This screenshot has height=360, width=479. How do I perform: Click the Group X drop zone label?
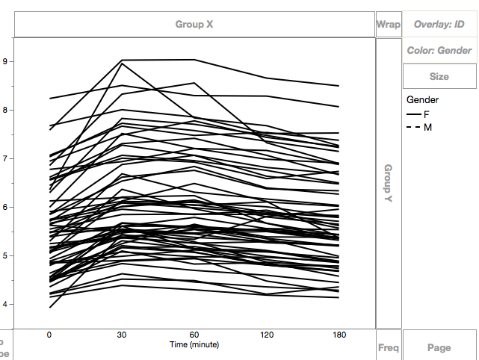(x=194, y=24)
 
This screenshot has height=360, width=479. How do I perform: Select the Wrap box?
(x=388, y=24)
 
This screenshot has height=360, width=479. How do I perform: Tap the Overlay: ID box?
(x=439, y=24)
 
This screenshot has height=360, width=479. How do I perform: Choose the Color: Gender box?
(x=439, y=51)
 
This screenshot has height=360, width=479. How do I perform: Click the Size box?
(x=439, y=76)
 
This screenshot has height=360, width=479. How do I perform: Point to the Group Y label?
(x=388, y=183)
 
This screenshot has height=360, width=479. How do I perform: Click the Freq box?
(x=388, y=347)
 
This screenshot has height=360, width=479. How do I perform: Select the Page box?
(x=439, y=347)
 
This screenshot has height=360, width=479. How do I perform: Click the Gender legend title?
(x=422, y=99)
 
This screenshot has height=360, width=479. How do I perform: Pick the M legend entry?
(x=427, y=128)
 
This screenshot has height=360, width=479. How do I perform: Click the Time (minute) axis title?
(x=194, y=344)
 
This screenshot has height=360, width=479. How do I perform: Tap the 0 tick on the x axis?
(x=49, y=335)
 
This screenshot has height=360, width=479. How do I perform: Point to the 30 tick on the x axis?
(x=122, y=335)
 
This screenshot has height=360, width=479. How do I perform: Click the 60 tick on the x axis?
(x=194, y=335)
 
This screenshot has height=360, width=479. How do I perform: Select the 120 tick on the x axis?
(x=267, y=335)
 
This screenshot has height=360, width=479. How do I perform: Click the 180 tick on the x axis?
(x=339, y=335)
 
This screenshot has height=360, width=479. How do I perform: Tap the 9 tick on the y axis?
(x=5, y=62)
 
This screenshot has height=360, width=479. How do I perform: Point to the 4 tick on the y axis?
(x=5, y=305)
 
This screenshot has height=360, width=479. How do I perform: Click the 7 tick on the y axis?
(x=5, y=159)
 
